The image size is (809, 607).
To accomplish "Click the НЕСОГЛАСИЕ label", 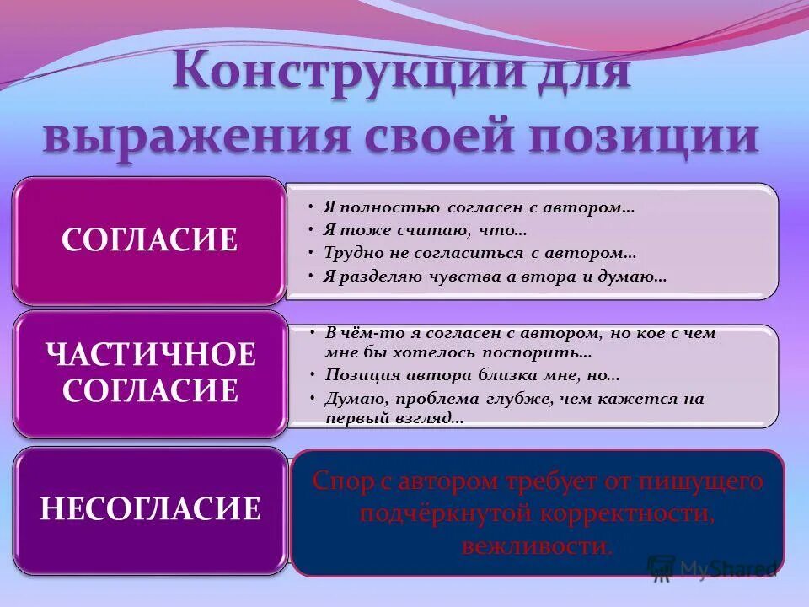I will point(150,509).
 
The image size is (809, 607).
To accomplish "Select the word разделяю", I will point(377,276).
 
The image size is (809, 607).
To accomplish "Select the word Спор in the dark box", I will point(338,481).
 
